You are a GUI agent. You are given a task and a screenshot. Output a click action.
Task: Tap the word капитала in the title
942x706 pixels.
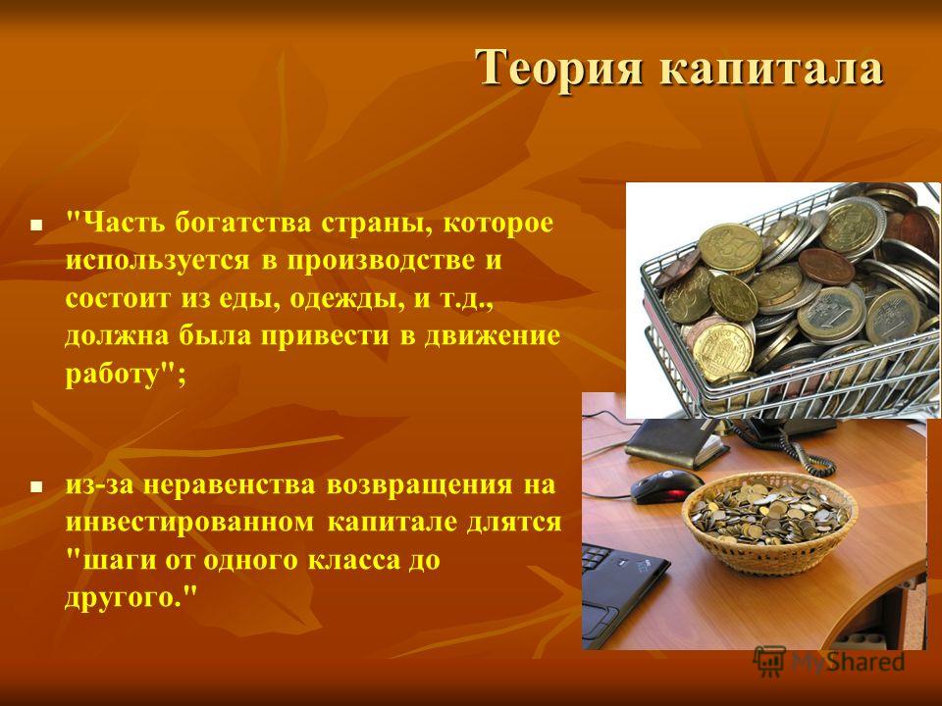(772, 69)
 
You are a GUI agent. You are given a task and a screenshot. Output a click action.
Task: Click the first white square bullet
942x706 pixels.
(36, 227)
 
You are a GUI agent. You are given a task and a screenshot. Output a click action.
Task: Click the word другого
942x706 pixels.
(124, 597)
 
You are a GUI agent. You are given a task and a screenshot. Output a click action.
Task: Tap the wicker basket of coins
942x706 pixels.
(770, 521)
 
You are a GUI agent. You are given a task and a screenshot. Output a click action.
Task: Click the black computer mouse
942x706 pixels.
(666, 486)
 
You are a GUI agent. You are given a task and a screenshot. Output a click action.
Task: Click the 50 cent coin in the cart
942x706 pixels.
(730, 248)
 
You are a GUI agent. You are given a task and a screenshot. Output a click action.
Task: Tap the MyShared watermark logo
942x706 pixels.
(829, 662)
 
